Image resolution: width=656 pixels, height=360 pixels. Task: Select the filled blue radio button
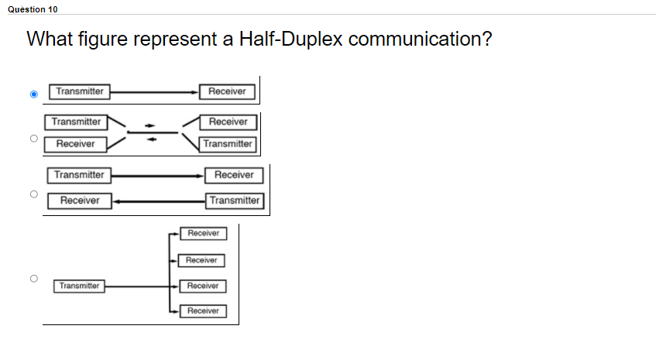point(33,94)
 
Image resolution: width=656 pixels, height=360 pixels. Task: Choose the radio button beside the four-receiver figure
point(33,277)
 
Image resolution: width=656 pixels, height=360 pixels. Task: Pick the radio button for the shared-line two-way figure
point(33,139)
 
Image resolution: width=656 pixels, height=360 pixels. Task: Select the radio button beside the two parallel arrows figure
point(33,194)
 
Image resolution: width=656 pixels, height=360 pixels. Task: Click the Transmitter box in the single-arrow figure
point(79,91)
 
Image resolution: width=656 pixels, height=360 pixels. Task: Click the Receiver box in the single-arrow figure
point(227,91)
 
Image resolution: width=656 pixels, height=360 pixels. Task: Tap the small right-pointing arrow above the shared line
point(153,125)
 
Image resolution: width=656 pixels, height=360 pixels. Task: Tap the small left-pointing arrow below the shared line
point(153,139)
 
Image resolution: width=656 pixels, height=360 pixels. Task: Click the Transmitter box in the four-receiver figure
point(80,286)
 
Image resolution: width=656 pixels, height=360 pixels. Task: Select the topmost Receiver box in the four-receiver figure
point(203,233)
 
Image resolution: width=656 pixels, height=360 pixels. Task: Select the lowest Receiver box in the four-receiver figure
point(203,311)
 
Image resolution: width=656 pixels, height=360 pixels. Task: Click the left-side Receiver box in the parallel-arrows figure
point(80,201)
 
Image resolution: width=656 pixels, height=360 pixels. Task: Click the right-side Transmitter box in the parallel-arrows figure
point(235,201)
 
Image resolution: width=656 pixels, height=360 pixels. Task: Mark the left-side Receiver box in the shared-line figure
point(75,144)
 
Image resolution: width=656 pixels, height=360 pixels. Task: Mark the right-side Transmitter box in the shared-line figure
point(227,144)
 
